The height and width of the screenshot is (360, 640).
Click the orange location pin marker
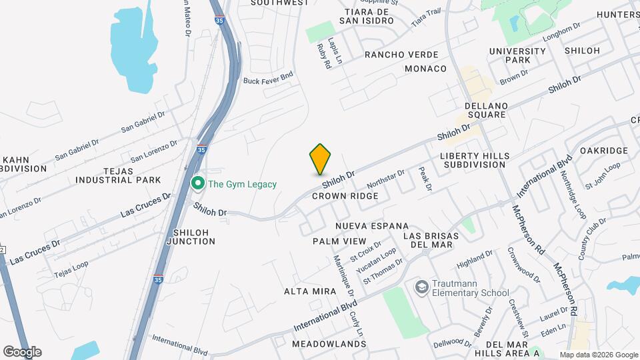[x=321, y=159]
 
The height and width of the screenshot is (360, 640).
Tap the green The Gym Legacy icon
[x=197, y=183]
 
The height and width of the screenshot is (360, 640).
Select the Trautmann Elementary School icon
[x=421, y=287]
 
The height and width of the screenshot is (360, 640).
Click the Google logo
[x=22, y=352]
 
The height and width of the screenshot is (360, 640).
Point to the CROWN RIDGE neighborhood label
[x=345, y=196]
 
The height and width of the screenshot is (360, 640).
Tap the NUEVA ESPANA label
[x=372, y=227]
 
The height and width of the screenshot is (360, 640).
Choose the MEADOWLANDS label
[x=329, y=344]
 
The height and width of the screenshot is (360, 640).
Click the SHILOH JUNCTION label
[x=194, y=236]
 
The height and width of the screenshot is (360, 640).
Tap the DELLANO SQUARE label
[x=487, y=110]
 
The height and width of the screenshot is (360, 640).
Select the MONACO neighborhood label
[x=425, y=69]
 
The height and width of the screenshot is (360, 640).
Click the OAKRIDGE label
[x=604, y=151]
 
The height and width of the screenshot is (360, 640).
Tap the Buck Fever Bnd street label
[x=268, y=80]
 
